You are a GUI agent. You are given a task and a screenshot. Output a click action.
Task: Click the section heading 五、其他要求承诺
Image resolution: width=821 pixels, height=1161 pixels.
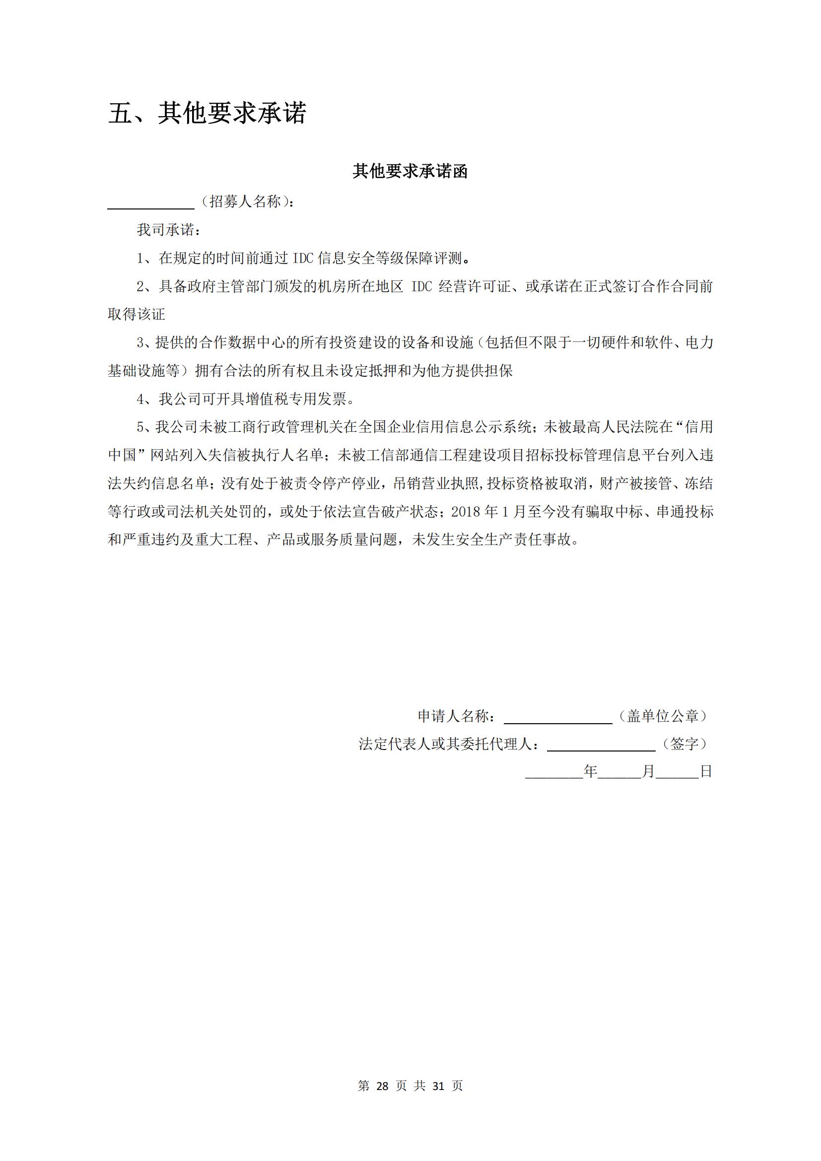[207, 113]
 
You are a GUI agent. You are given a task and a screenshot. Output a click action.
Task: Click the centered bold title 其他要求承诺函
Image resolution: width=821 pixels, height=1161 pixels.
[410, 171]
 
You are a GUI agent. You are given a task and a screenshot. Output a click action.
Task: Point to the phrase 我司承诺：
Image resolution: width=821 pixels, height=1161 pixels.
[169, 230]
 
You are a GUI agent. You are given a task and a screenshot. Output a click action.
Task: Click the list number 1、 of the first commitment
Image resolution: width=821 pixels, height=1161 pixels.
[147, 259]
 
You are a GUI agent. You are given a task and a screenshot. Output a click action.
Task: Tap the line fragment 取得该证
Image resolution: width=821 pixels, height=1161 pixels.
[137, 315]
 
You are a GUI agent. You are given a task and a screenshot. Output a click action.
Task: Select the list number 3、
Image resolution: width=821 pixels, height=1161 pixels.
[145, 343]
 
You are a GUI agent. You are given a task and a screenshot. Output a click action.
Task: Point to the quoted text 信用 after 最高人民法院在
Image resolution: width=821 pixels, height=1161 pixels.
[699, 427]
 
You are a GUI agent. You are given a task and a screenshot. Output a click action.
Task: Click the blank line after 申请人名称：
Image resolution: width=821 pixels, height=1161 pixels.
[557, 718]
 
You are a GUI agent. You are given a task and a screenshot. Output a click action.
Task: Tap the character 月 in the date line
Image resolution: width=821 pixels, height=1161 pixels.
[648, 771]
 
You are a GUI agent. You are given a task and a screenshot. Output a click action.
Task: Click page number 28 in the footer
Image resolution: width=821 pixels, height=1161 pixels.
[382, 1086]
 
